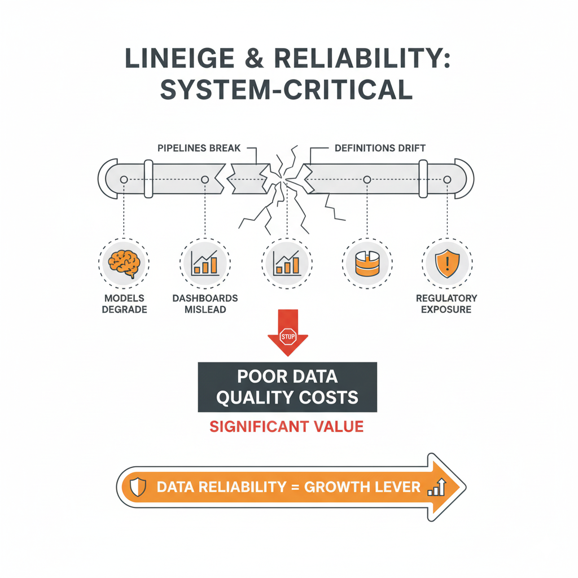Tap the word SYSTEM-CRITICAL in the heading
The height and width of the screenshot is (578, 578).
coord(286,90)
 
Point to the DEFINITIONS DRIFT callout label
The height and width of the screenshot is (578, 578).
coord(380,148)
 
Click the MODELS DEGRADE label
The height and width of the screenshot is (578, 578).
coord(124,304)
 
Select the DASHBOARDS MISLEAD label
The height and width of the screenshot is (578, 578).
coord(205,304)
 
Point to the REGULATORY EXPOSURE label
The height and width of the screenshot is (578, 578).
coord(446,304)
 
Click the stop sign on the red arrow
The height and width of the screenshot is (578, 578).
coord(287,336)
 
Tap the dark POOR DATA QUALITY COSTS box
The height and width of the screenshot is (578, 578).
coord(287,387)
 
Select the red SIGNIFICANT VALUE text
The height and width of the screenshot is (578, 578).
coord(287,426)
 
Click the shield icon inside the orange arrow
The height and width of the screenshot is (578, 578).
coord(138,487)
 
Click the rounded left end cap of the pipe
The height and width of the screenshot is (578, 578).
coord(108,179)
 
